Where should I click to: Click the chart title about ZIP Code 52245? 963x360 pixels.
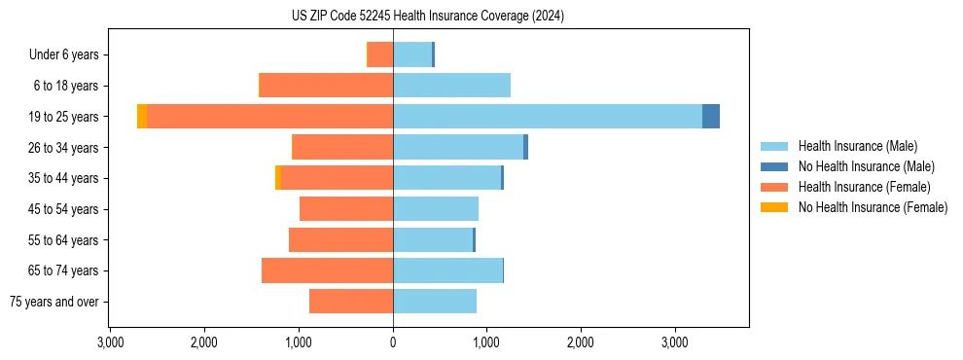427,16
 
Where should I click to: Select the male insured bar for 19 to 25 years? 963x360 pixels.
547,116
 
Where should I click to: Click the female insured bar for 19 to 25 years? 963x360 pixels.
269,116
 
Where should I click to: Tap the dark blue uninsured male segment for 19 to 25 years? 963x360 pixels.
710,116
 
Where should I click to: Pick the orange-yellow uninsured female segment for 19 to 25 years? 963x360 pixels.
142,116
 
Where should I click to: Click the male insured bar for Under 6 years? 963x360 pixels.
411,54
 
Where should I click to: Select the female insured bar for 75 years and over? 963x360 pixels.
351,302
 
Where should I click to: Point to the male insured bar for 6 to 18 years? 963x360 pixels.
451,86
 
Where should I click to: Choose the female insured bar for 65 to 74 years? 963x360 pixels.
327,270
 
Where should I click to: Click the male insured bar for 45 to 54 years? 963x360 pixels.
435,209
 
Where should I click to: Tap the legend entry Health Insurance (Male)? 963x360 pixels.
856,146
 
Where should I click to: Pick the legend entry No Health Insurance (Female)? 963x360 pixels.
873,207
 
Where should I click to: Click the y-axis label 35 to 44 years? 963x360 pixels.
64,178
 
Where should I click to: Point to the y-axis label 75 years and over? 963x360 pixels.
53,302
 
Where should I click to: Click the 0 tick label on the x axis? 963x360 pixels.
393,343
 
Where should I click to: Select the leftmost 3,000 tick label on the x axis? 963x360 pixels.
110,343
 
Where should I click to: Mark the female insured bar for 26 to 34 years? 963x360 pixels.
342,147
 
